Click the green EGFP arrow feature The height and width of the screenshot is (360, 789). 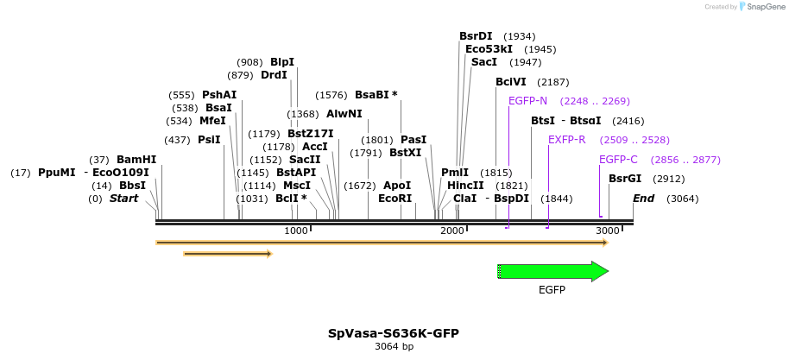coord(552,271)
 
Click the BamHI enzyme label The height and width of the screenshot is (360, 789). coord(136,160)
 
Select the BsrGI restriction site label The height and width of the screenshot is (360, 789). coord(625,179)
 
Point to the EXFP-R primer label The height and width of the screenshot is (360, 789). coord(566,140)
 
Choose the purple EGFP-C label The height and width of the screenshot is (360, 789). coord(618,160)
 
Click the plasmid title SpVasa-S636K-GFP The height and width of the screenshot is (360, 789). coord(393,333)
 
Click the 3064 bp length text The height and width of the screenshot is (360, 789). coord(394,347)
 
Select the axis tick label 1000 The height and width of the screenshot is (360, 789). coord(296,231)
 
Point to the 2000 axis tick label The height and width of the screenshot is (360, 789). coord(452,231)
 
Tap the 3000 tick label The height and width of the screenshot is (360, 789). coord(608,231)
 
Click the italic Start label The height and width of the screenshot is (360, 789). coord(123,199)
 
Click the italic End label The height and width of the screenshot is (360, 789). coord(643,199)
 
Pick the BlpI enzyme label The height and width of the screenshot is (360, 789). coord(282,62)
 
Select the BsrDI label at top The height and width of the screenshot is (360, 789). coord(476,36)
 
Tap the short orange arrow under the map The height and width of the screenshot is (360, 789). coord(228,254)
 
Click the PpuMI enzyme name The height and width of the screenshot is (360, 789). coord(56,173)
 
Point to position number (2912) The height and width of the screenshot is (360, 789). coord(669,180)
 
